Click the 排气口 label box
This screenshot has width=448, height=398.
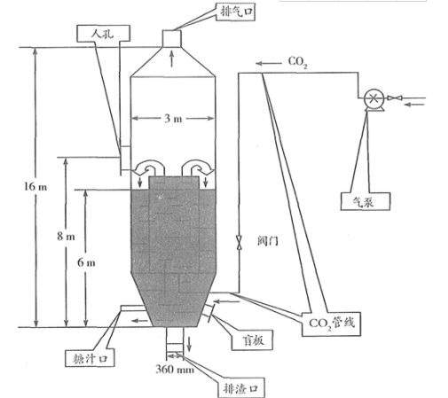235,12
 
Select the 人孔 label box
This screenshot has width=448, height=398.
103,34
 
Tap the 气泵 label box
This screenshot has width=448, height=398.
365,201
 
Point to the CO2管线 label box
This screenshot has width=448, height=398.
331,324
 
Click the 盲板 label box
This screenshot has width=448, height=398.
252,340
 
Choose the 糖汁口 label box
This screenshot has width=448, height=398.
90,358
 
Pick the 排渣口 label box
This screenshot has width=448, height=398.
240,387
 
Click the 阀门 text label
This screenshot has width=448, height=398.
268,241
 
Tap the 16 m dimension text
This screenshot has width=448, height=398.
35,186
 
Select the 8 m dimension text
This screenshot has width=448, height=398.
66,236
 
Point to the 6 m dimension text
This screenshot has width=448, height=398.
86,262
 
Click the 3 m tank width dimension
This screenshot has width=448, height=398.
173,119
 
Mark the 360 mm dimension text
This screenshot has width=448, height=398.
175,369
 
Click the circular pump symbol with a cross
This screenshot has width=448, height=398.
373,98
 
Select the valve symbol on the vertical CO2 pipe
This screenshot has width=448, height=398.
239,242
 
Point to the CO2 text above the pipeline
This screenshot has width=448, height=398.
298,62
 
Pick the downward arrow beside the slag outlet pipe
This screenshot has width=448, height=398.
189,344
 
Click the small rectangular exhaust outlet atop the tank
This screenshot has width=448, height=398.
171,38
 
